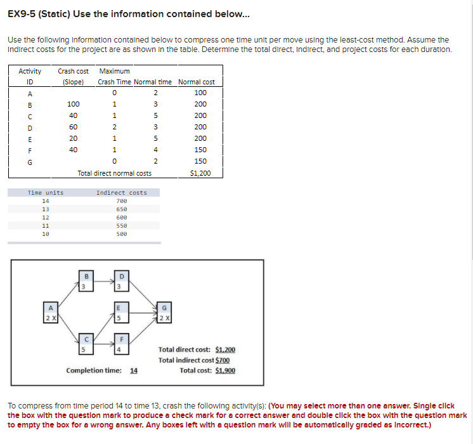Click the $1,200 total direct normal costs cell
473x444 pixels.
click(x=200, y=173)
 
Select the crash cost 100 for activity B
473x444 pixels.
click(x=74, y=104)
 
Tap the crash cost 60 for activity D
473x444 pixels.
click(x=74, y=127)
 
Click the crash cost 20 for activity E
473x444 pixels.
click(x=74, y=138)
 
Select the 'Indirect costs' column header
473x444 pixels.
click(x=121, y=192)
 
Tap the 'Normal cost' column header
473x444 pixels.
click(x=197, y=82)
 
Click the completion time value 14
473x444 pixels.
click(x=134, y=370)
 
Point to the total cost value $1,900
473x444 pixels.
click(x=225, y=370)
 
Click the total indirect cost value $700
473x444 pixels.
click(x=219, y=360)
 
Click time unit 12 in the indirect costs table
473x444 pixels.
click(x=45, y=217)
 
